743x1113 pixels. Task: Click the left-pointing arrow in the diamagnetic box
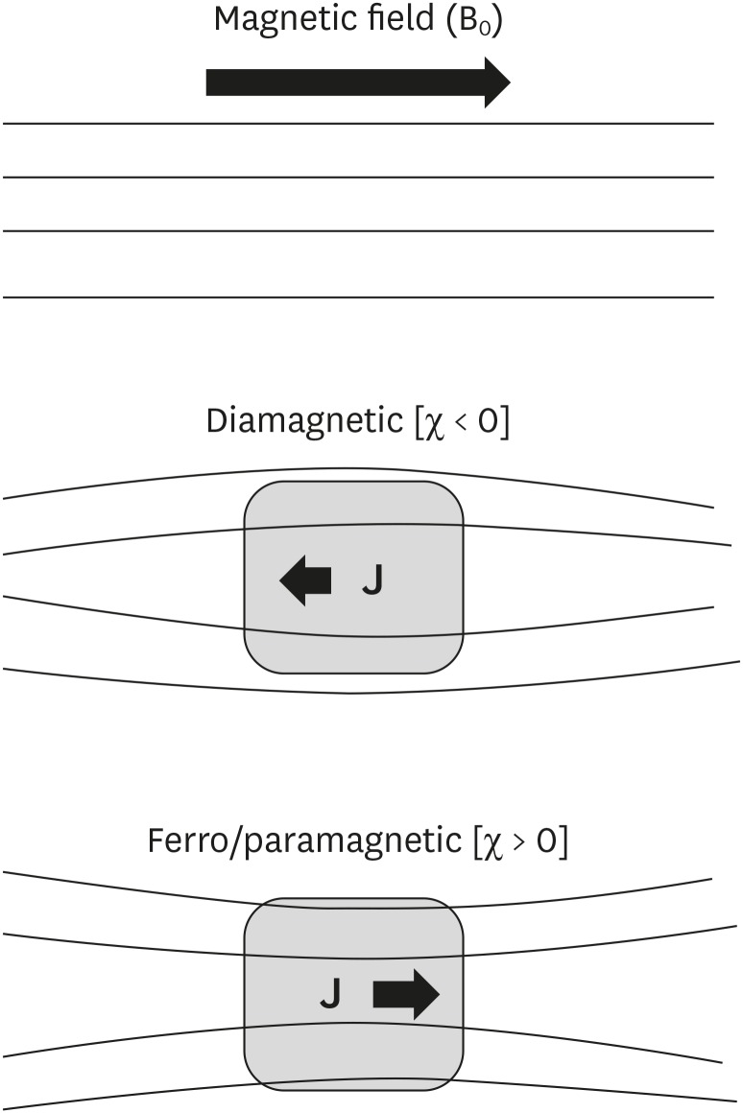(x=305, y=580)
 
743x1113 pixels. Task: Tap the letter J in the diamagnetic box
(x=372, y=580)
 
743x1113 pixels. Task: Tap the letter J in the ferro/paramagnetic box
(x=330, y=996)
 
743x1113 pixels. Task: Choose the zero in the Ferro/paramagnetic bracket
(x=543, y=841)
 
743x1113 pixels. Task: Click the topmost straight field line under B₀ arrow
(x=357, y=124)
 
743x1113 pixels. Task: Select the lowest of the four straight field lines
(x=357, y=297)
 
